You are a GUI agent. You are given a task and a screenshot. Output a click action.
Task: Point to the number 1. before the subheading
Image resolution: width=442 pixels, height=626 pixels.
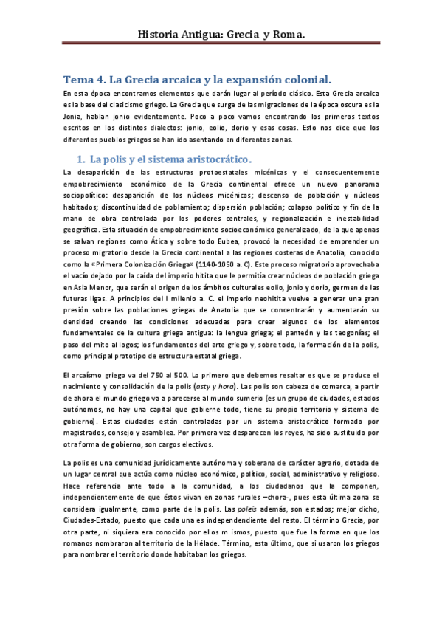[81, 159]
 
